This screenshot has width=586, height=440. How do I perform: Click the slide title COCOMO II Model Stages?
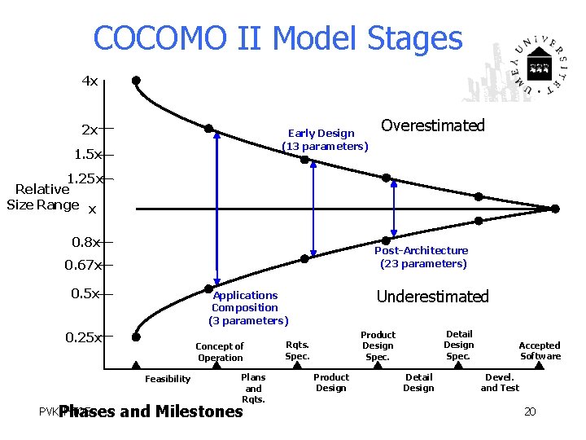pyautogui.click(x=278, y=38)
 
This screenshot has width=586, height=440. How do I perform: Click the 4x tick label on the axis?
pyautogui.click(x=90, y=81)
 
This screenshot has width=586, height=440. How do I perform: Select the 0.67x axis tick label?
pyautogui.click(x=83, y=265)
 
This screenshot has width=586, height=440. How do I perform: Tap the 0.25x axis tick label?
pyautogui.click(x=83, y=337)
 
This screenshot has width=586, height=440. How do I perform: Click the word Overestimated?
pyautogui.click(x=432, y=125)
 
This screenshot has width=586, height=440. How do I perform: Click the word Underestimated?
pyautogui.click(x=432, y=297)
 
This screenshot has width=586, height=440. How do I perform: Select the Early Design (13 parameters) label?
pyautogui.click(x=325, y=139)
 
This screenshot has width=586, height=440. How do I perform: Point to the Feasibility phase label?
pyautogui.click(x=168, y=379)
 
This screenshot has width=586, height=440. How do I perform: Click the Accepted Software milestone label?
pyautogui.click(x=540, y=350)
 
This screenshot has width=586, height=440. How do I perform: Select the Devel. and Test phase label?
pyautogui.click(x=500, y=382)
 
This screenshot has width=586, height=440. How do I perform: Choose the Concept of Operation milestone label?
pyautogui.click(x=220, y=352)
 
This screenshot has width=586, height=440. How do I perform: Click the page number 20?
pyautogui.click(x=530, y=411)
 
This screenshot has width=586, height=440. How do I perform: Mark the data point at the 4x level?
pyautogui.click(x=136, y=81)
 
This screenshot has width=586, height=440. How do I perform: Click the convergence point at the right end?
pyautogui.click(x=555, y=209)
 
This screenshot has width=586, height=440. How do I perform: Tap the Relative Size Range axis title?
pyautogui.click(x=43, y=197)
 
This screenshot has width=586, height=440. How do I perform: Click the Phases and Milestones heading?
pyautogui.click(x=151, y=411)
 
